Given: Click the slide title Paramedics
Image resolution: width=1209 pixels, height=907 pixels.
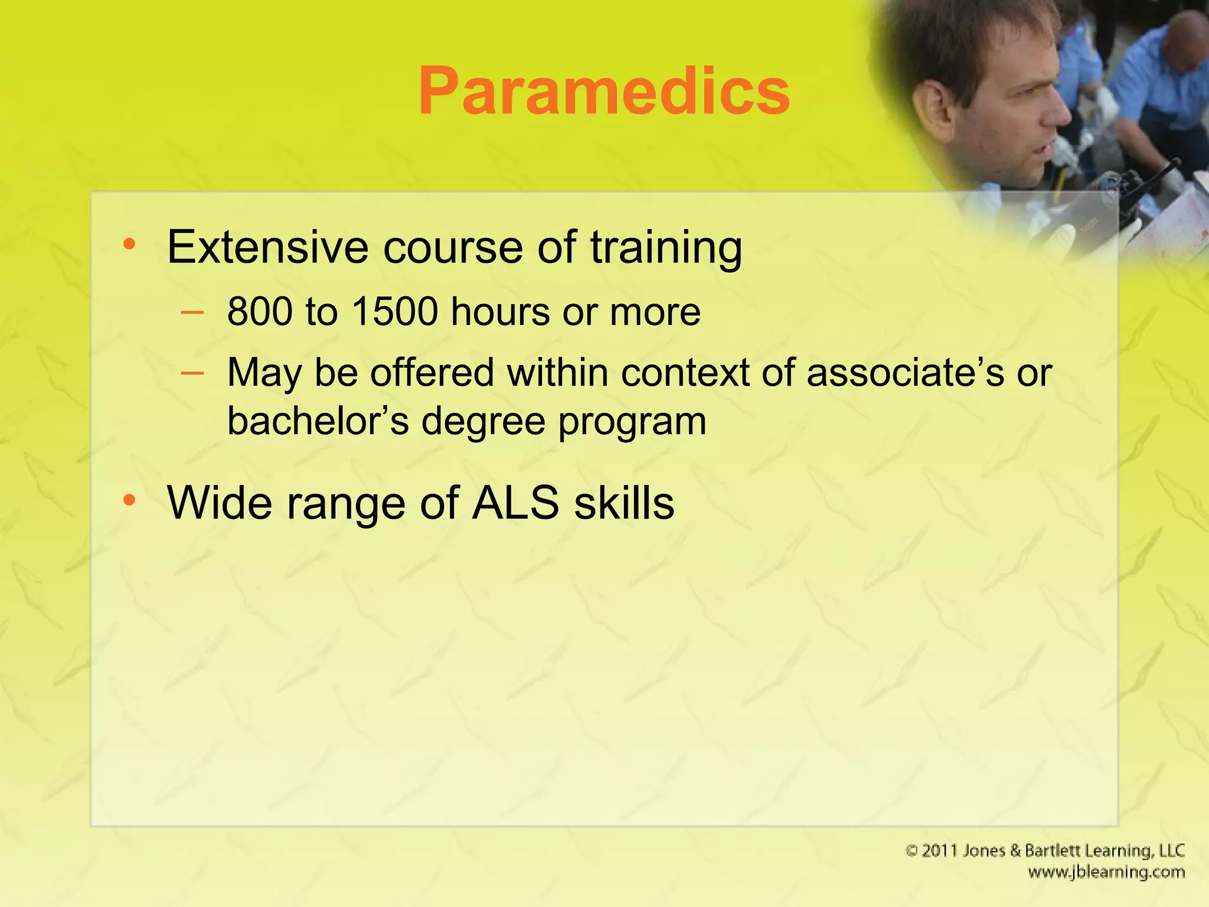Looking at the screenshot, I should tap(604, 92).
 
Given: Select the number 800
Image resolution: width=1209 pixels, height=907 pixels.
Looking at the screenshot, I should tap(260, 311).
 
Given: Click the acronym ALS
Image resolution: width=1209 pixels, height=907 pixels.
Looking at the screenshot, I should tap(515, 503).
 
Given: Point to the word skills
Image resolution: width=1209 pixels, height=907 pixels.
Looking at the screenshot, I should tap(625, 503).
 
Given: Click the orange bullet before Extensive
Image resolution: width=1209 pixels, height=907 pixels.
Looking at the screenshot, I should tap(129, 244).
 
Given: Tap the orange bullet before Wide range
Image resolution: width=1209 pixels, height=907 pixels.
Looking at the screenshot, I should tap(129, 500).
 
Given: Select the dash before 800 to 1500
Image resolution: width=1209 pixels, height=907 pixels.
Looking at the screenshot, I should tap(192, 311).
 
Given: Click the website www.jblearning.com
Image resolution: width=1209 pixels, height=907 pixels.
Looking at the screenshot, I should tap(1106, 872).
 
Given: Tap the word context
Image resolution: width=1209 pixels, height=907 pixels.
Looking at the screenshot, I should tap(684, 373).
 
